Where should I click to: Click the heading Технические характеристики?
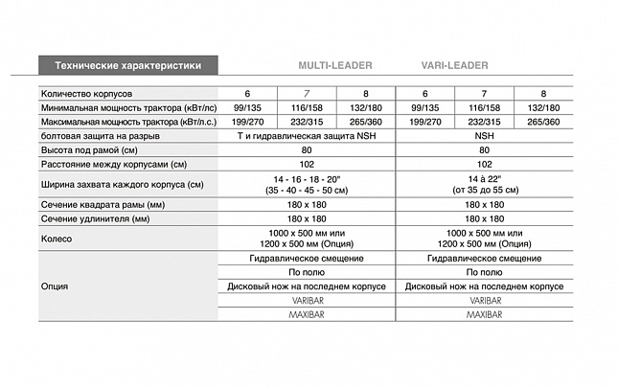[127, 66]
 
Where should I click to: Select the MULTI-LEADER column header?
[334, 66]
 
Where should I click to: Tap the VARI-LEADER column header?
[454, 66]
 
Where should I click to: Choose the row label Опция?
[54, 285]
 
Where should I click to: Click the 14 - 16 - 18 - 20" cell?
[307, 179]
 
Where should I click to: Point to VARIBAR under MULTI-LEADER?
[307, 300]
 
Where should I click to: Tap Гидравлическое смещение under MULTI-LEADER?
[307, 259]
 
